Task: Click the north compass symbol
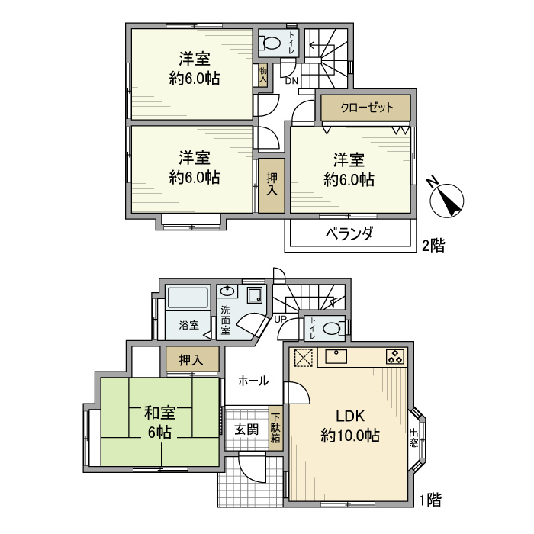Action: (x=446, y=199)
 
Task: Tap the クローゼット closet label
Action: (x=366, y=108)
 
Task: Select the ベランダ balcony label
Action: (x=349, y=234)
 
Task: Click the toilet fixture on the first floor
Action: (x=331, y=329)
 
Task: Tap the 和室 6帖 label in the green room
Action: (x=160, y=423)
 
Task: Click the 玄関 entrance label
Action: (x=246, y=428)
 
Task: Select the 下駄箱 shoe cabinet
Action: (x=275, y=428)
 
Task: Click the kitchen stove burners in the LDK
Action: (x=395, y=355)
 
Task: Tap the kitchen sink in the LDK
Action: (x=336, y=355)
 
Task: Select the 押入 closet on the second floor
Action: (x=272, y=185)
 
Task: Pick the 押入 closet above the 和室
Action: (x=191, y=359)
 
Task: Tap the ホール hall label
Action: (x=253, y=380)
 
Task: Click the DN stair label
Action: (x=291, y=80)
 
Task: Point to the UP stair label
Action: (x=281, y=319)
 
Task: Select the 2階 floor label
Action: (x=433, y=246)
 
